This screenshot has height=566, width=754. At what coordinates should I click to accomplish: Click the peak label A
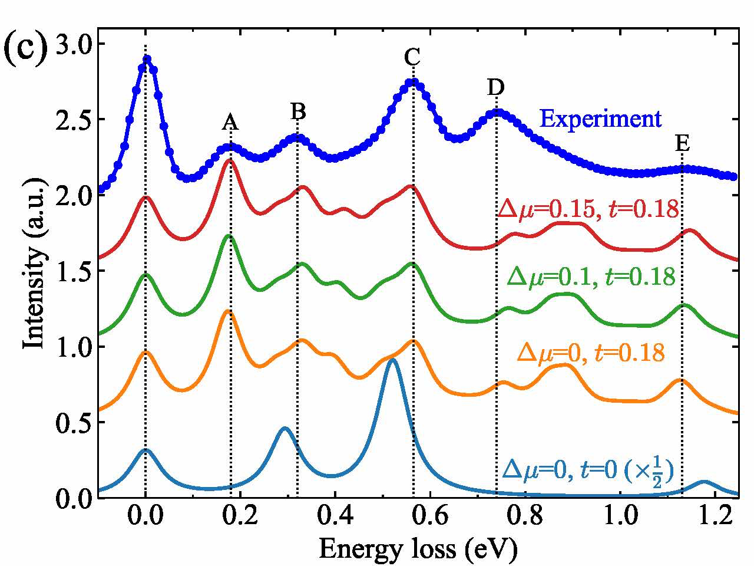[230, 123]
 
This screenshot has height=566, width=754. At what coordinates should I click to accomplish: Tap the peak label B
[298, 111]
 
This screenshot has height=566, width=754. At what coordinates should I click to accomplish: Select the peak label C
[412, 58]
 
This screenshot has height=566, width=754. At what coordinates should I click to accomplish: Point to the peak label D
[496, 88]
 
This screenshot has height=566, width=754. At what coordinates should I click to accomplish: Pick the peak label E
[682, 143]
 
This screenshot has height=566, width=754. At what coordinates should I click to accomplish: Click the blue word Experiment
[600, 119]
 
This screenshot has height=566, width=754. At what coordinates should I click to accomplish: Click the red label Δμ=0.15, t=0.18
[588, 209]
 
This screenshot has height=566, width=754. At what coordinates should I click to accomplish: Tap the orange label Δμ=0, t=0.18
[590, 353]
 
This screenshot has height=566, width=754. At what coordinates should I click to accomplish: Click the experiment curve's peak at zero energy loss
[147, 59]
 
